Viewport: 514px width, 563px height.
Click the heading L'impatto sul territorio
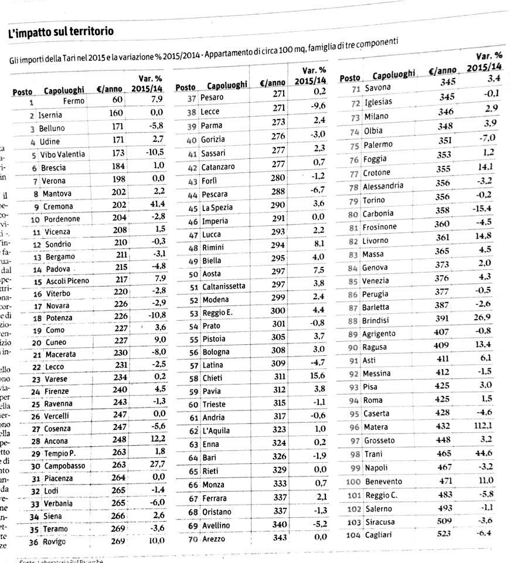click(61, 32)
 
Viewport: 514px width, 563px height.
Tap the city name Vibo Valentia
click(62, 155)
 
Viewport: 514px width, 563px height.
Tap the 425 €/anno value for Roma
click(442, 399)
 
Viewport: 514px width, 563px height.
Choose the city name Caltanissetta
click(224, 286)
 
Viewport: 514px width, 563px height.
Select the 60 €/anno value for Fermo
click(117, 100)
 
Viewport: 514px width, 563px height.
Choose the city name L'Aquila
click(216, 431)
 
